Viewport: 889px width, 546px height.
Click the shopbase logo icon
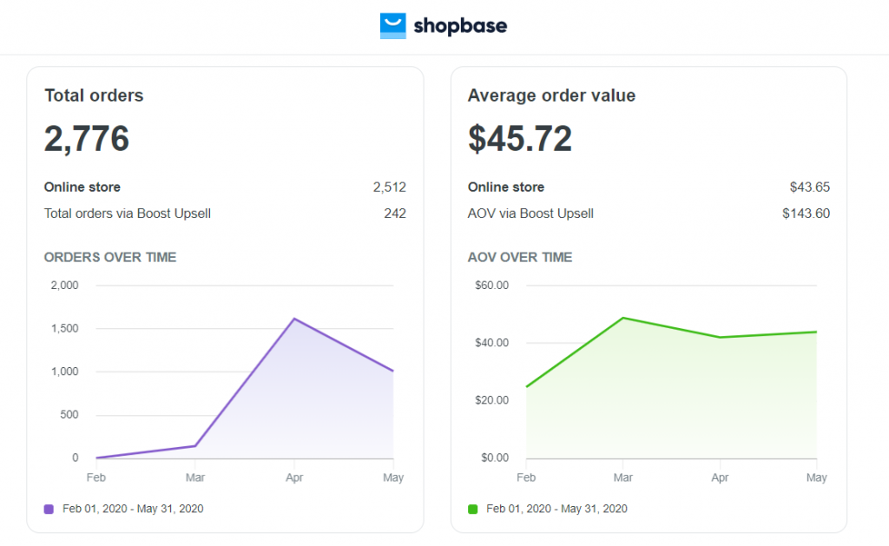pos(392,26)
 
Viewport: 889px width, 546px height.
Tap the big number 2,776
pos(87,139)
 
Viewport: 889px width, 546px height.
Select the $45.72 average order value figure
pos(520,139)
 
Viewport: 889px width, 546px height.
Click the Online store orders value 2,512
pos(390,187)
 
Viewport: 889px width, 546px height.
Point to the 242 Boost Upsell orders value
pos(395,214)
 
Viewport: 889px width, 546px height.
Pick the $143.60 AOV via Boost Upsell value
pos(806,214)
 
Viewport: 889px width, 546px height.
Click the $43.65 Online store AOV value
pos(809,187)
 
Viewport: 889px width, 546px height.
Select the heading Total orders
pos(94,95)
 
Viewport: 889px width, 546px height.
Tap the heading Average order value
pos(551,95)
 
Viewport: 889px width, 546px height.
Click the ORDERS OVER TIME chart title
pos(110,257)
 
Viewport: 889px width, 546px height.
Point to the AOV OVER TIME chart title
pos(520,257)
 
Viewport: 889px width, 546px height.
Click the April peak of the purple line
pos(294,319)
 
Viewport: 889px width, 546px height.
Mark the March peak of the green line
pos(623,318)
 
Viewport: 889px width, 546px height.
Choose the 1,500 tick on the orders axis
pos(64,328)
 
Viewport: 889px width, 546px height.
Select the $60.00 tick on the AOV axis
pos(491,286)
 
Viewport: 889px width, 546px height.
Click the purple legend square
pos(49,509)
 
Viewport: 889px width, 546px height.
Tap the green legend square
pos(472,509)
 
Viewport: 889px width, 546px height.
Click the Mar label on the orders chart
pos(195,477)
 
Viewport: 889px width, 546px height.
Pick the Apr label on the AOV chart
pos(720,477)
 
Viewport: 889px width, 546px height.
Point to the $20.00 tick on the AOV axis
pos(491,400)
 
